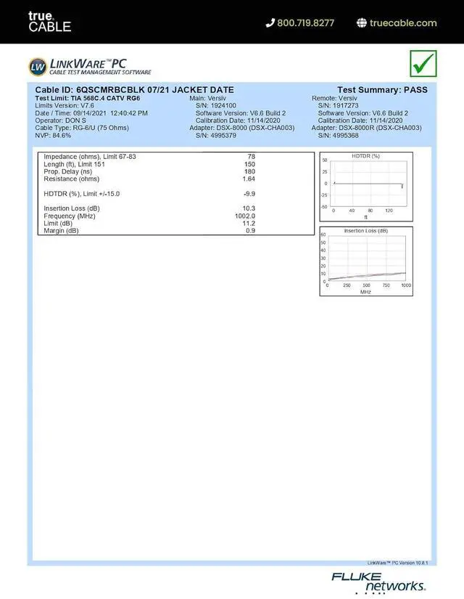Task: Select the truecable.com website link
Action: click(403, 23)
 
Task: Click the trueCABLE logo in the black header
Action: click(49, 22)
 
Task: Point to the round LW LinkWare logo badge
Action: click(38, 67)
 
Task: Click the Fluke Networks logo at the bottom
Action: click(378, 582)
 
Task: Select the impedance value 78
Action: click(251, 157)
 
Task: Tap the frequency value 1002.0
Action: click(245, 216)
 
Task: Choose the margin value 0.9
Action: click(250, 231)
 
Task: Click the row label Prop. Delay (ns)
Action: click(68, 171)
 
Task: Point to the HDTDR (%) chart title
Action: click(365, 156)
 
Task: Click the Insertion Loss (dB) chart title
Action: click(365, 231)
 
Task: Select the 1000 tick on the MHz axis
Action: click(405, 285)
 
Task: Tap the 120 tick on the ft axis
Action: click(389, 211)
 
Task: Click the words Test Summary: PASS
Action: click(382, 90)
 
